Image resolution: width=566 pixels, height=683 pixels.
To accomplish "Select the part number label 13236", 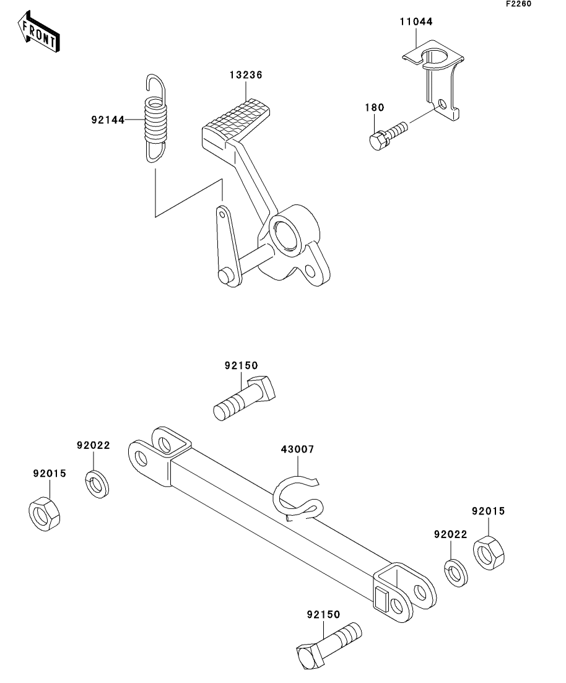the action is (246, 75).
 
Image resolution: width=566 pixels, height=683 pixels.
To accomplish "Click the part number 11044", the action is (416, 22).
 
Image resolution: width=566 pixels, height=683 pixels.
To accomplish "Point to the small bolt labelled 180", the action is (388, 134).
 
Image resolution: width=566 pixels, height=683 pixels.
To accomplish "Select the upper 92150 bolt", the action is (245, 398).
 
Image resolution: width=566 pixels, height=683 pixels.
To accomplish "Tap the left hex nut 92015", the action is (45, 514).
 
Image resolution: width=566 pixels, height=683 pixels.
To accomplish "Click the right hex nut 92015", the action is (489, 553).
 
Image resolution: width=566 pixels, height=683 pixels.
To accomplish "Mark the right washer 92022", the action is (456, 573).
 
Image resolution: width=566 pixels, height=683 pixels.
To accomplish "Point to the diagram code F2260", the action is (518, 4).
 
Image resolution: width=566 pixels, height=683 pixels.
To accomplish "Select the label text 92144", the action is (108, 120).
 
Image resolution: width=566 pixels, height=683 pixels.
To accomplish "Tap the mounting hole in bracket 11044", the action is (443, 104).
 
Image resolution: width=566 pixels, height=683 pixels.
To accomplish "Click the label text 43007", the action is (297, 449).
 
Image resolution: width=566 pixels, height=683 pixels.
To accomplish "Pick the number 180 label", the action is (375, 108).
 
